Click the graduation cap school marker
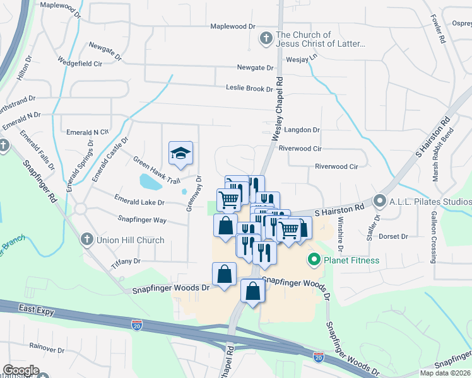[x=180, y=153]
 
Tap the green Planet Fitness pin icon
[x=313, y=260]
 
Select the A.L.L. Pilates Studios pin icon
[x=380, y=201]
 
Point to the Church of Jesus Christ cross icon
[x=266, y=39]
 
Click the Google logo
[x=21, y=370]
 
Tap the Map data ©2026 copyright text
[x=445, y=373]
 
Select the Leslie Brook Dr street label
[x=249, y=89]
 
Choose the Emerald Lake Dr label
[x=139, y=202]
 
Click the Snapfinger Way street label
[x=142, y=220]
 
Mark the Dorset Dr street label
[x=393, y=237]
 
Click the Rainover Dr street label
[x=44, y=347]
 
